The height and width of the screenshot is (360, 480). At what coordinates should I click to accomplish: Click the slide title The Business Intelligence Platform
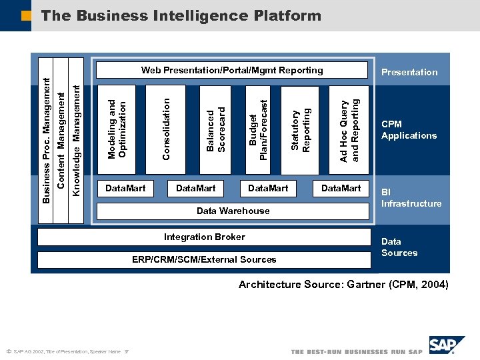(x=181, y=15)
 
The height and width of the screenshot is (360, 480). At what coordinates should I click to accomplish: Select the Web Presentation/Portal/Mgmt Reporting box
(x=232, y=70)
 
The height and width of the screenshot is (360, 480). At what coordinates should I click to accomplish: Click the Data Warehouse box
(x=233, y=211)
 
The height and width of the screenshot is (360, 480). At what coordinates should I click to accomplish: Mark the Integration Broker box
(x=204, y=237)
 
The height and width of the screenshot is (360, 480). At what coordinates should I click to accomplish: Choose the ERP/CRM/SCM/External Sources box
(x=204, y=259)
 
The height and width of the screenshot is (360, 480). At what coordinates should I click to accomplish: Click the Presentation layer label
(x=409, y=72)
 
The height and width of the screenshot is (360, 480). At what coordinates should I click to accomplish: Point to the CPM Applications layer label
(x=409, y=129)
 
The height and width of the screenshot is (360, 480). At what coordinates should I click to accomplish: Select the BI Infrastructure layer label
(x=411, y=198)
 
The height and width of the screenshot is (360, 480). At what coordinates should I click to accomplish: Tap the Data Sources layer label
(x=399, y=247)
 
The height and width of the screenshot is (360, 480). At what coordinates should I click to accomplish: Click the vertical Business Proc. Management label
(x=46, y=140)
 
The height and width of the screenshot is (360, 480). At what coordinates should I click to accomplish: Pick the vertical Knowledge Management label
(x=77, y=140)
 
